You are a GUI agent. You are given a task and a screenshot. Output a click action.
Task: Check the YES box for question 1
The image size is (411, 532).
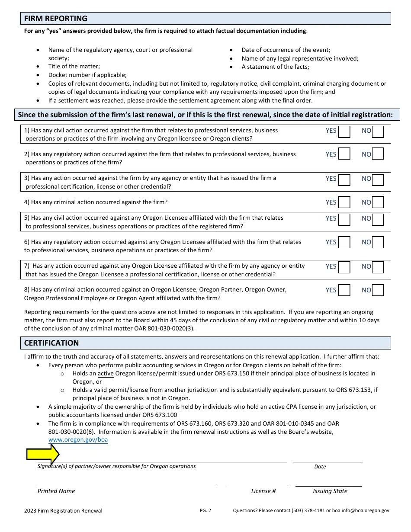(344, 131)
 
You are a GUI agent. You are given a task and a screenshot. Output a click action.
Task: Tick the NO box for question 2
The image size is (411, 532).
(378, 154)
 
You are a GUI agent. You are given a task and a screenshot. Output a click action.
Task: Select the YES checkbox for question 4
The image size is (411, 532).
(344, 202)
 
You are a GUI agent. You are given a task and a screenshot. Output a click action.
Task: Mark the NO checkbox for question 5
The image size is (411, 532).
(378, 219)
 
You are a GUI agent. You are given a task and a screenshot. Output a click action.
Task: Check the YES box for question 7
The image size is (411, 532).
(344, 267)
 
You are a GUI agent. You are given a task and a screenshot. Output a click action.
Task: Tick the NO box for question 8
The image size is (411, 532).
(378, 290)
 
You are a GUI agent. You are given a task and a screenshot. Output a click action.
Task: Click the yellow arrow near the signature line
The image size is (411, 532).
(43, 454)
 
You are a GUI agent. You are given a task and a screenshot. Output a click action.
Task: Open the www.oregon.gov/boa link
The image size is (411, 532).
(78, 440)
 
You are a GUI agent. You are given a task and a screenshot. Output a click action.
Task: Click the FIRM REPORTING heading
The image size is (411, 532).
(55, 19)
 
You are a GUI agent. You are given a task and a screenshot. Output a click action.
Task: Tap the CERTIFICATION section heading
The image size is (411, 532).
(51, 343)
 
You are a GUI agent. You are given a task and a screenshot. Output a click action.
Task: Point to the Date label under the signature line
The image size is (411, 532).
(320, 467)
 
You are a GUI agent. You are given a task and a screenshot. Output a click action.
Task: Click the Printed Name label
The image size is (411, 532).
(56, 491)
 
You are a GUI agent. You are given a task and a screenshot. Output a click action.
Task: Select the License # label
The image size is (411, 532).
(263, 491)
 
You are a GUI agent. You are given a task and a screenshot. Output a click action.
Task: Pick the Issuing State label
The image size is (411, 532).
(330, 491)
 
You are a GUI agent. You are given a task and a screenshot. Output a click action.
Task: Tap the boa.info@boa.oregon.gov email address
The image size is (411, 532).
(360, 511)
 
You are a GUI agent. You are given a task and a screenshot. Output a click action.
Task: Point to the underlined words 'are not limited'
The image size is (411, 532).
(177, 312)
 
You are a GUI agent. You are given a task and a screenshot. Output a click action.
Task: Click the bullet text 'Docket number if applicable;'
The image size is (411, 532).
(87, 75)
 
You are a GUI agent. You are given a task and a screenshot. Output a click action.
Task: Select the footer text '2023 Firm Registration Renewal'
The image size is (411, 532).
(63, 511)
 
